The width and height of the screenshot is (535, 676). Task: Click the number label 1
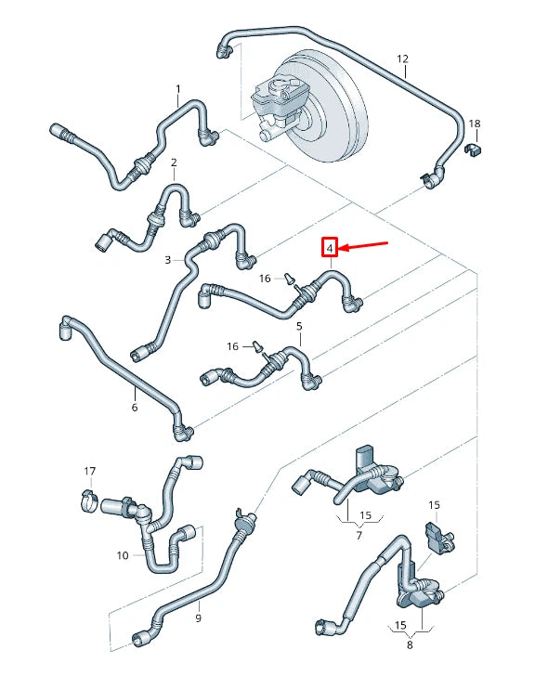[178, 90]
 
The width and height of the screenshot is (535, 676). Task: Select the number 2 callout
[173, 163]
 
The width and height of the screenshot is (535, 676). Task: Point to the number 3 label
[168, 261]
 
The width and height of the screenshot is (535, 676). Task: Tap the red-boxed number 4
[330, 248]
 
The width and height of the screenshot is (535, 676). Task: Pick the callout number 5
[299, 327]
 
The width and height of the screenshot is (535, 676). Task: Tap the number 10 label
[123, 555]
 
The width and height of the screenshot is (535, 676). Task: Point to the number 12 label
[403, 59]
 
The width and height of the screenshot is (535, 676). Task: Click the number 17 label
[90, 471]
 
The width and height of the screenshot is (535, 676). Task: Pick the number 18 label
[475, 123]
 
